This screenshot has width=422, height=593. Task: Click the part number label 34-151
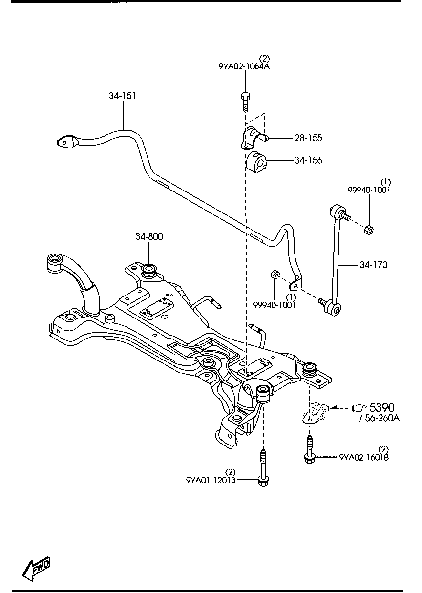point(122,96)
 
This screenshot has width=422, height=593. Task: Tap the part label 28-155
point(308,138)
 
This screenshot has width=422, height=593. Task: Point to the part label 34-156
point(308,160)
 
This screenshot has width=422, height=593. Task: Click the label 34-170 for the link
point(373,265)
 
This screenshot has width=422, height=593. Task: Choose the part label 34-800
point(149,237)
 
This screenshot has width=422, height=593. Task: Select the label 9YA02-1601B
point(364,458)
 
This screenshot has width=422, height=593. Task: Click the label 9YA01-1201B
point(211,480)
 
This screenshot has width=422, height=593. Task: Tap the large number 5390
point(381,407)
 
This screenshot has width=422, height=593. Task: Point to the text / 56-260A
point(380,419)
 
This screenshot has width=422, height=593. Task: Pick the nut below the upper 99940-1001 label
point(370,229)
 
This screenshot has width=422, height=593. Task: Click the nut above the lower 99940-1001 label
point(274,277)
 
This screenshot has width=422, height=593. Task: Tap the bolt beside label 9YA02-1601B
point(310,452)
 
